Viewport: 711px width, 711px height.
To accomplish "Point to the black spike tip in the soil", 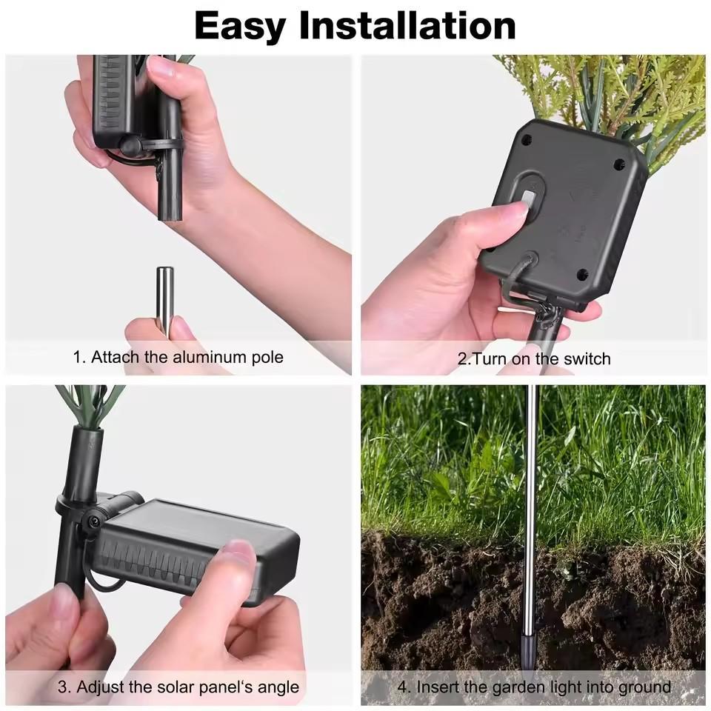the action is [528, 653].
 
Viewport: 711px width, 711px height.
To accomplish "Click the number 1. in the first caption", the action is [79, 357].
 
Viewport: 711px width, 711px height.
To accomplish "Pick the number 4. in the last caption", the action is [404, 687].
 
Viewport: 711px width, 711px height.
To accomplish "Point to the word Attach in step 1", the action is [116, 357].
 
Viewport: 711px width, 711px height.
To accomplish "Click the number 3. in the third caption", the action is [64, 687].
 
